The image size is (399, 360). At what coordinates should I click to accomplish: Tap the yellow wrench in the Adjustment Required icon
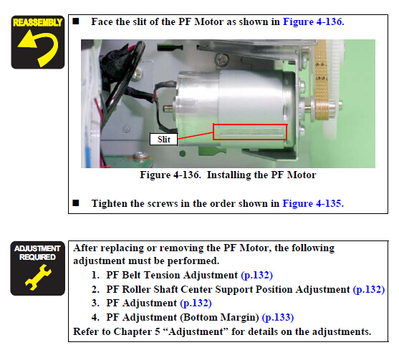coord(38,278)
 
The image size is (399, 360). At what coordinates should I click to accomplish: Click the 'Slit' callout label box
coord(163,140)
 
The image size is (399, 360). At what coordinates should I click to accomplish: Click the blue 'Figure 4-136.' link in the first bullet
coord(314,22)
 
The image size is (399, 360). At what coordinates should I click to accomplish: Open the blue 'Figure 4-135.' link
coord(313,204)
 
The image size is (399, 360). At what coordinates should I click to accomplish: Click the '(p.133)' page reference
coord(278,317)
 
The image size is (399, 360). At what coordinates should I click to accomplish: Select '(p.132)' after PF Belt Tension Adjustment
coord(256,275)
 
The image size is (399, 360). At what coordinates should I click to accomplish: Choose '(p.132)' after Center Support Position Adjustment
coord(369,289)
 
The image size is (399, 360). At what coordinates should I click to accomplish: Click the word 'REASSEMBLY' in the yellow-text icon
coord(38,23)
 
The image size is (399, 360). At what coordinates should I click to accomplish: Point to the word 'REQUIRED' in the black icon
coord(38,257)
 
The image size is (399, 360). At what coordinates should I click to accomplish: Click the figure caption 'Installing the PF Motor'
coord(261,175)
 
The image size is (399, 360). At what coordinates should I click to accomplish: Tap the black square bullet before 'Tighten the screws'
coord(76,203)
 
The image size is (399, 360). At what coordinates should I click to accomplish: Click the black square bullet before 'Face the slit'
coord(76,21)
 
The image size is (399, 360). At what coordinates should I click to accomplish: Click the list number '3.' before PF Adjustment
coord(95,303)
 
